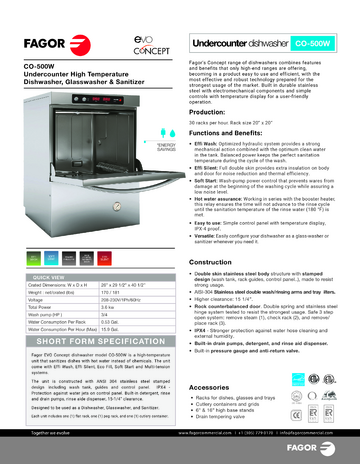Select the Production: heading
coord(209,114)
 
